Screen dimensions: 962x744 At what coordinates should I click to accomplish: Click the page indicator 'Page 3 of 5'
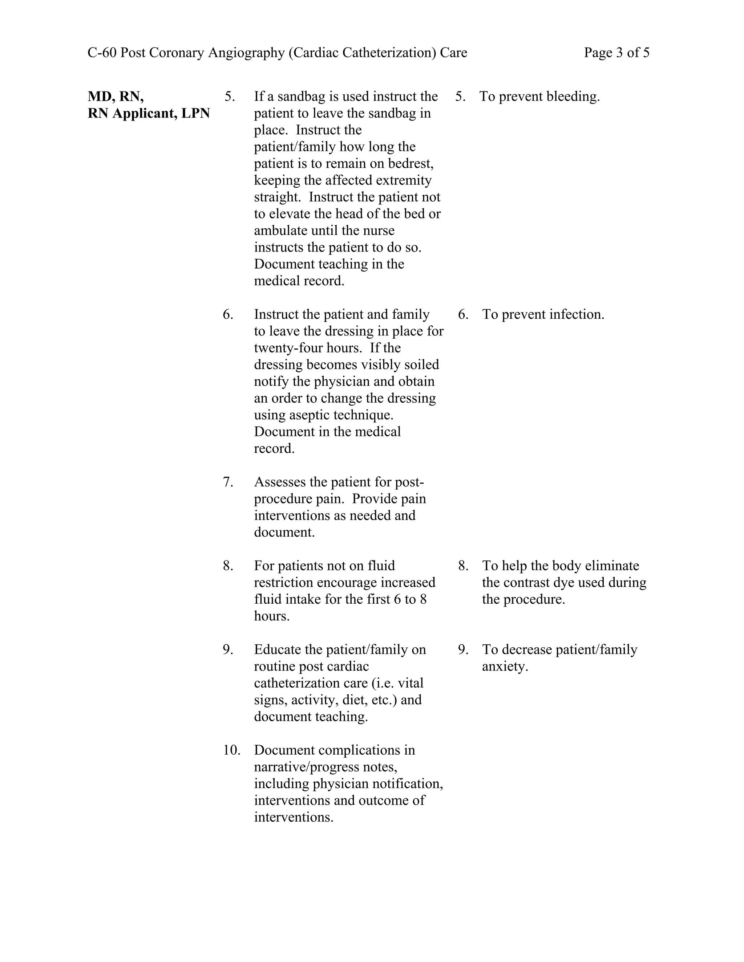(x=616, y=53)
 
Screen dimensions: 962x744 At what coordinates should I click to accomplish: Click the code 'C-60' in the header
(x=102, y=53)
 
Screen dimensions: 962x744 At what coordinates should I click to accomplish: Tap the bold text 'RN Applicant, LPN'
(x=149, y=113)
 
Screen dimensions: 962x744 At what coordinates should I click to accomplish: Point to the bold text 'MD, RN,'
(x=116, y=97)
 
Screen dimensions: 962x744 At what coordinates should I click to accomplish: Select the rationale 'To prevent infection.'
(x=543, y=314)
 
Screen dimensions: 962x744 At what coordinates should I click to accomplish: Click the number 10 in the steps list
(x=231, y=750)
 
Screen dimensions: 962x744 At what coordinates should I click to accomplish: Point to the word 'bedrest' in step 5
(x=410, y=163)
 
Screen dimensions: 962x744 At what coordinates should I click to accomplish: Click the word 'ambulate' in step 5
(x=280, y=231)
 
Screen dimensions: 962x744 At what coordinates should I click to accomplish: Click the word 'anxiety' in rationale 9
(x=504, y=667)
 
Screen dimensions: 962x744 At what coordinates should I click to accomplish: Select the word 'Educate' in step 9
(x=278, y=650)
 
